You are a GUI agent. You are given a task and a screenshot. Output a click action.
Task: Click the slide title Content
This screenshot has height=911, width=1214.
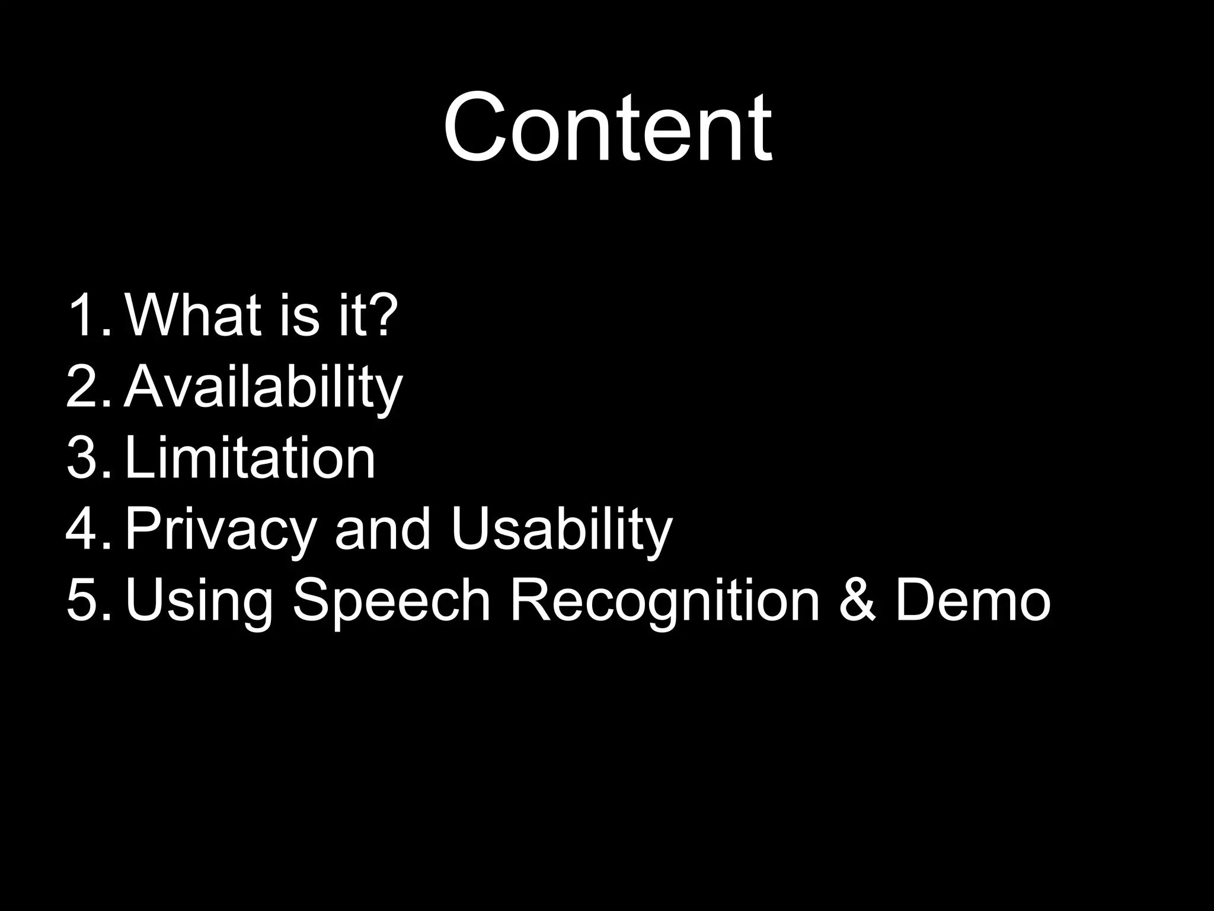(x=607, y=128)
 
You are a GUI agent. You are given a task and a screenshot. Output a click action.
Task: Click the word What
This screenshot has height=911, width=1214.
(x=193, y=316)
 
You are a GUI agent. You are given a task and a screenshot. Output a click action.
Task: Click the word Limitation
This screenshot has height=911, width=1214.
(x=250, y=458)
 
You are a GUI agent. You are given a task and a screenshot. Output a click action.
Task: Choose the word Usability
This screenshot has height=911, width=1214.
(x=561, y=530)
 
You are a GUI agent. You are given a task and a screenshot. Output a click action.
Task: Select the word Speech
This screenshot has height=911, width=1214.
(x=391, y=601)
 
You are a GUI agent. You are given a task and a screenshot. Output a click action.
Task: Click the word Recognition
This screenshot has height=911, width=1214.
(x=664, y=601)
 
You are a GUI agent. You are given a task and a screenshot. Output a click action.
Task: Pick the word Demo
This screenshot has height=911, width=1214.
(x=972, y=600)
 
